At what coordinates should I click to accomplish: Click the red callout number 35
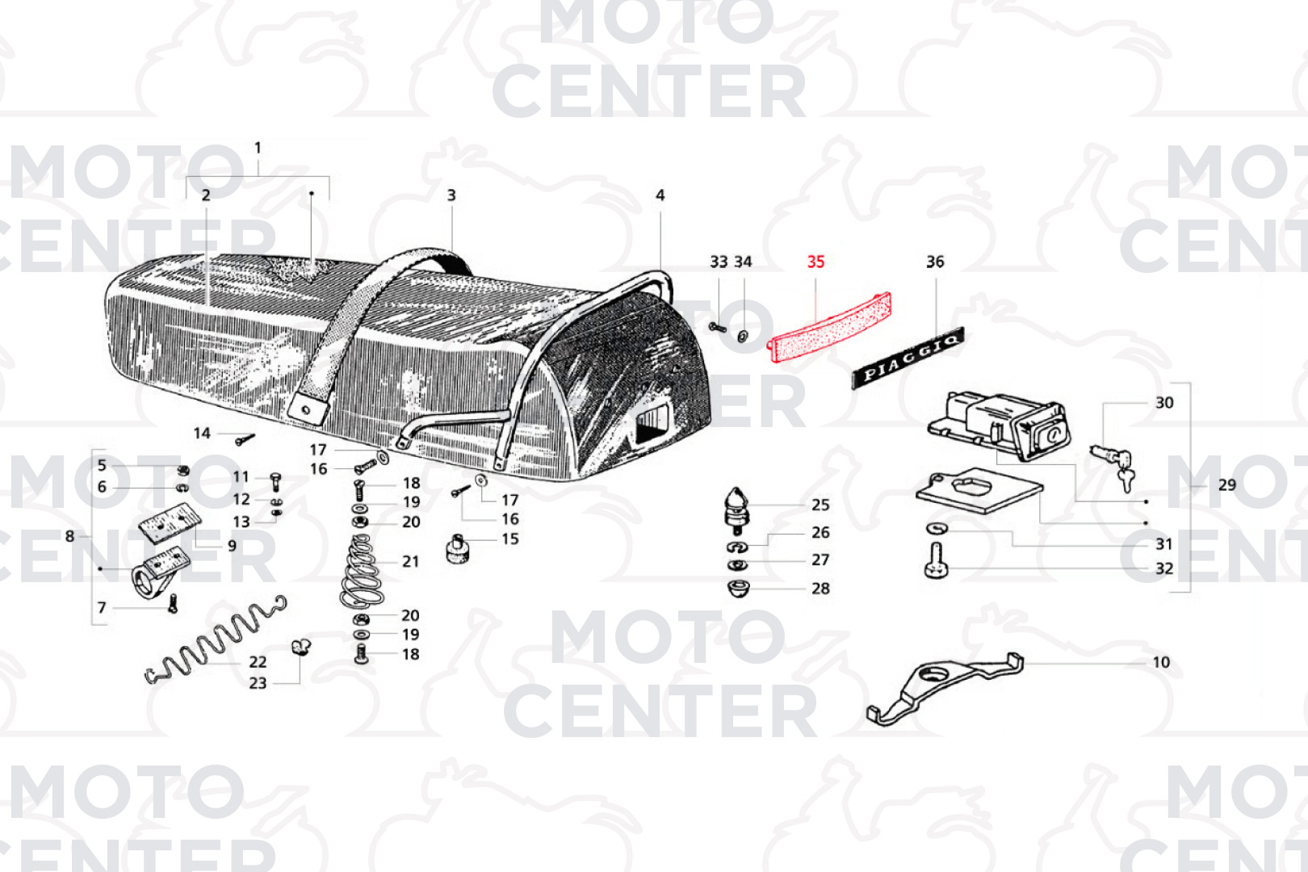click(x=815, y=262)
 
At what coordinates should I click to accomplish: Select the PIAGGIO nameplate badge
click(x=908, y=358)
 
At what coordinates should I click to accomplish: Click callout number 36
click(x=935, y=262)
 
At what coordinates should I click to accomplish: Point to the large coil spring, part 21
click(x=362, y=571)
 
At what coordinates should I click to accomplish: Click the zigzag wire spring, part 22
click(x=215, y=639)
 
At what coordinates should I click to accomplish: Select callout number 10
click(x=1161, y=662)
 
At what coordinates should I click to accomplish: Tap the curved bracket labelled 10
click(x=945, y=690)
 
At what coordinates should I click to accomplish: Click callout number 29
click(x=1226, y=484)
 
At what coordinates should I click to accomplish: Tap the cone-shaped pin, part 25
click(x=737, y=510)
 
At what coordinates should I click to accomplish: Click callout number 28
click(x=820, y=588)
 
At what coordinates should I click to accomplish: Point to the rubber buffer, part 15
click(x=458, y=549)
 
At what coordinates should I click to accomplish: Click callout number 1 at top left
click(x=258, y=149)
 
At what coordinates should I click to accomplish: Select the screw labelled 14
click(x=245, y=438)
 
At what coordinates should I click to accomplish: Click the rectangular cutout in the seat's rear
click(x=655, y=425)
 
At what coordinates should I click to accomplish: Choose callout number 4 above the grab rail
click(x=660, y=195)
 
